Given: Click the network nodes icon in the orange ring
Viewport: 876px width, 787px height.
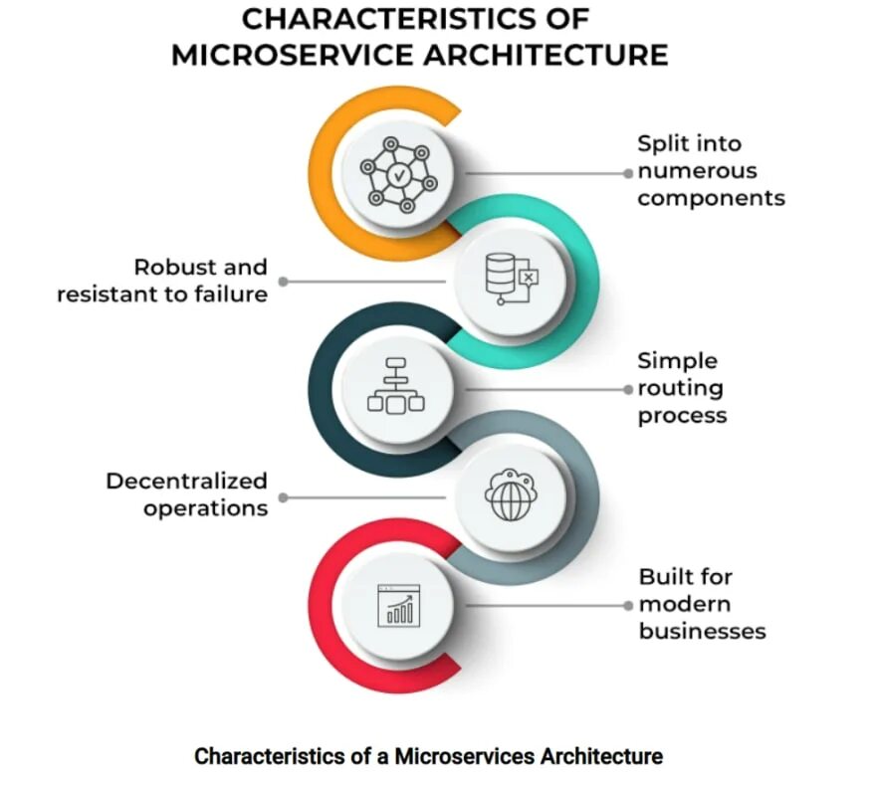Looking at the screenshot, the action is pos(398,175).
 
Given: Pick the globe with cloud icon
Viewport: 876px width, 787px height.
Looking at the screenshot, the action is pos(509,493).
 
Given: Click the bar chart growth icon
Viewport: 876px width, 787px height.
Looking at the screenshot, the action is pos(397,604).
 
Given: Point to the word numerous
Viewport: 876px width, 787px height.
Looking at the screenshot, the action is pos(697,170).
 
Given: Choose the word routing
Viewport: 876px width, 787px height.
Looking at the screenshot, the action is pos(680,388).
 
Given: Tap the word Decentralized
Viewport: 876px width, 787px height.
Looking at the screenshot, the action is pos(187,482).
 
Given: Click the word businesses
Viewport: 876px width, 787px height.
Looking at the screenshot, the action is pos(702,631).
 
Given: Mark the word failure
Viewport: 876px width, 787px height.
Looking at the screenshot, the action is pos(231,294).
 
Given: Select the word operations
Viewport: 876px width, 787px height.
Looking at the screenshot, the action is pos(205,508).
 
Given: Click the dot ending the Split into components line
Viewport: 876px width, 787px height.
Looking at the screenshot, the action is pos(628,173).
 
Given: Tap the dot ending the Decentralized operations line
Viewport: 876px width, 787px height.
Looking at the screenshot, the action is pos(284,496).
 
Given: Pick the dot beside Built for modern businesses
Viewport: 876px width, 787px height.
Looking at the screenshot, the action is pos(628,604).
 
